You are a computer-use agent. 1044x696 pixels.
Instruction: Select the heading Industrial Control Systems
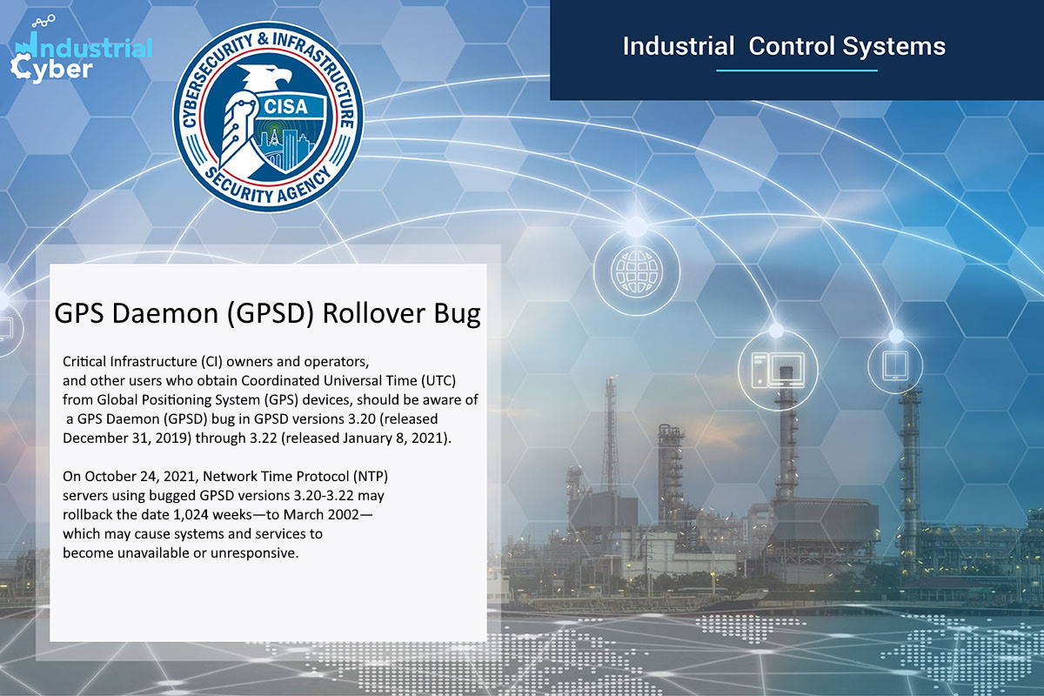783,45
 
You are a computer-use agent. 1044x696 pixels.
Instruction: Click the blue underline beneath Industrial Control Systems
796,70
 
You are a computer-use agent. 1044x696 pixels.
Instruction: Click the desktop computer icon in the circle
774,369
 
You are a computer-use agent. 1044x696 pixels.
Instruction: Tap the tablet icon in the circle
896,364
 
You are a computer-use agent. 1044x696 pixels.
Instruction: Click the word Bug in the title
457,314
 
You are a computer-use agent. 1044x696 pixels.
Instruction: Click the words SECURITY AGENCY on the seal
269,184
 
